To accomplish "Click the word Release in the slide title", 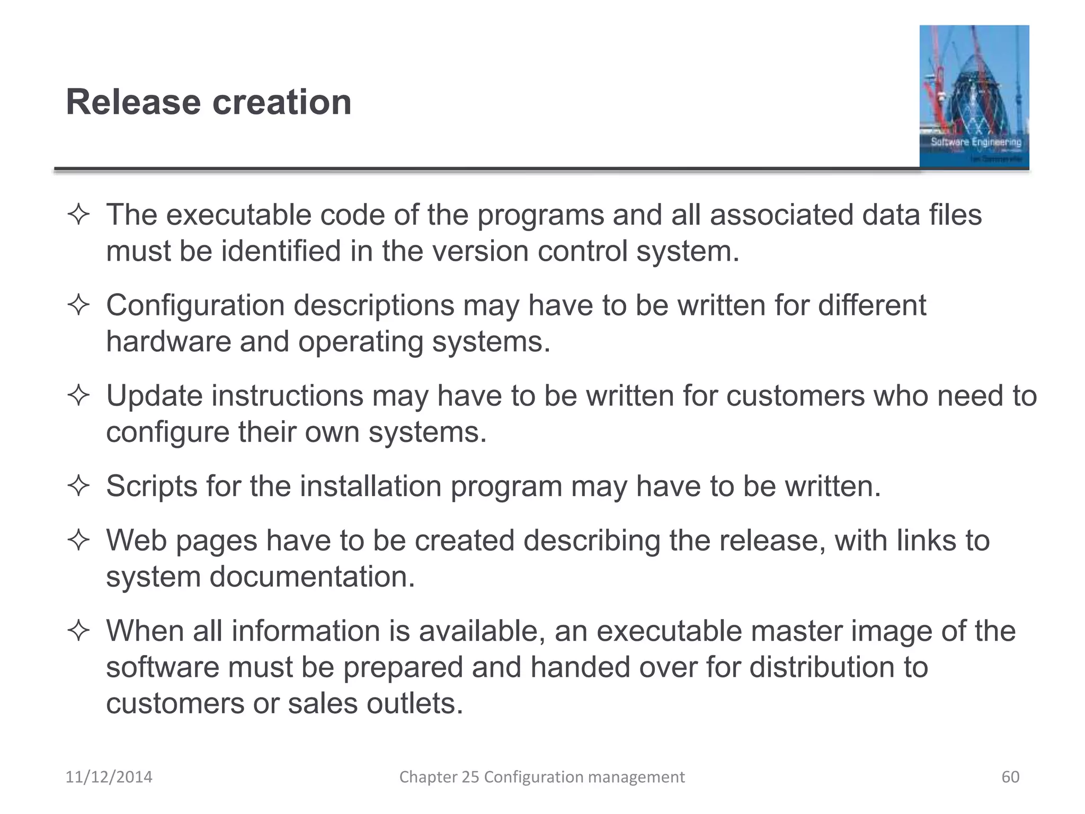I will click(x=133, y=102).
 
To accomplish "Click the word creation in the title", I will click(x=282, y=102).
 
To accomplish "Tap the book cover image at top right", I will click(x=974, y=97).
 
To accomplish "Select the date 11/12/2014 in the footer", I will click(x=109, y=777).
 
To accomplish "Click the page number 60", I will click(x=1010, y=777).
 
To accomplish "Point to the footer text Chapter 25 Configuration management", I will click(x=541, y=777).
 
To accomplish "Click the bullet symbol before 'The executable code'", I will click(x=78, y=216).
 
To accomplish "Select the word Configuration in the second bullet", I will click(x=195, y=306).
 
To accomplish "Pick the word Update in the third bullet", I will click(x=154, y=396).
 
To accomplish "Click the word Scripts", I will click(x=152, y=486).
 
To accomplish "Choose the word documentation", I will click(x=312, y=577).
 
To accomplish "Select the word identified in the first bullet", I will click(x=281, y=251).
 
